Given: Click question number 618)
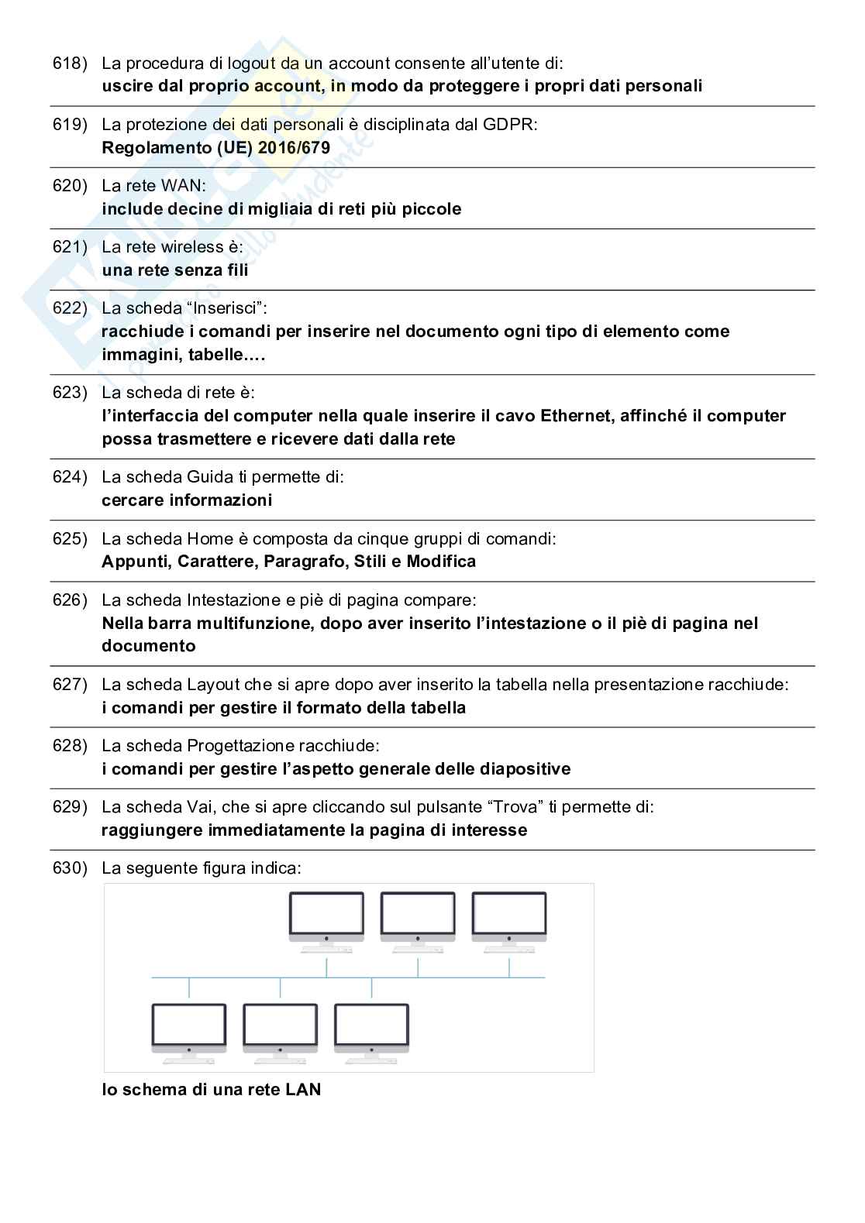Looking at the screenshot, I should click(x=70, y=64).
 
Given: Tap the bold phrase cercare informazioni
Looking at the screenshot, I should click(x=187, y=500).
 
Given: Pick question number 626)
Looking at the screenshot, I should click(x=70, y=600).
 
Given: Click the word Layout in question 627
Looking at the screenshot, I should click(x=213, y=685).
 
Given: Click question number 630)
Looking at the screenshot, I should click(x=70, y=868).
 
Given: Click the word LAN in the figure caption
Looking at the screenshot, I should click(x=303, y=1090).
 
